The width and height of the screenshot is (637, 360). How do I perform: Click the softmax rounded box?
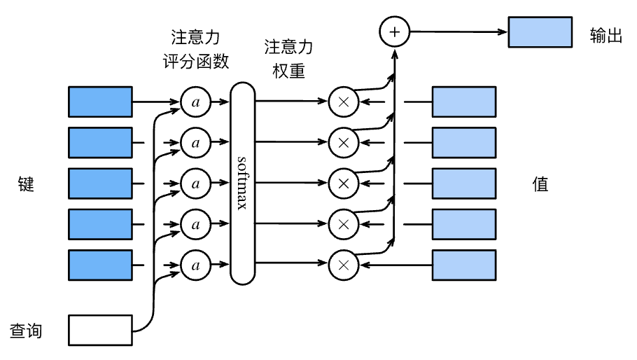tap(242, 184)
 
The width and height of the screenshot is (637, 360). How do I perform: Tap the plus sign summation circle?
tap(395, 32)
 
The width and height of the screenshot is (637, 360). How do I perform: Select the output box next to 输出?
tap(540, 32)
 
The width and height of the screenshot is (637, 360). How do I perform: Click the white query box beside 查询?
tap(100, 331)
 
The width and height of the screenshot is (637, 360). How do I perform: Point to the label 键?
tap(26, 184)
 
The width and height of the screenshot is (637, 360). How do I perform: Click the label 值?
tap(540, 184)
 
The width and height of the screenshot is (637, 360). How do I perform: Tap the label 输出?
tap(606, 35)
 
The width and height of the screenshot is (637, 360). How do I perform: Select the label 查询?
tap(26, 331)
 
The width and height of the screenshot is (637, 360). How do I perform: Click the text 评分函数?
tap(196, 62)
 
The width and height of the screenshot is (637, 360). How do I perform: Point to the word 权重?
tap(288, 71)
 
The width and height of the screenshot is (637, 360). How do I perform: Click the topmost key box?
tap(100, 102)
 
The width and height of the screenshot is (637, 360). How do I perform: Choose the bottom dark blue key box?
tap(100, 265)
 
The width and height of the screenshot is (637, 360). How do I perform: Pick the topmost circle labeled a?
tap(195, 102)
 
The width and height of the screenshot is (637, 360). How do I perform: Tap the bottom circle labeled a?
tap(195, 265)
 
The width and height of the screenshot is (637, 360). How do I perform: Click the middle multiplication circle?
tap(343, 184)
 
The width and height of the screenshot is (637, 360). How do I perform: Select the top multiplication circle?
tap(343, 102)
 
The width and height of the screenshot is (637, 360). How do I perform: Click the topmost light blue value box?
tap(464, 102)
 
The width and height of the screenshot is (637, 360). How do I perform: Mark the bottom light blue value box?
tap(464, 265)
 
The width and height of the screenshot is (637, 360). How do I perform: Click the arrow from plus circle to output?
tap(458, 32)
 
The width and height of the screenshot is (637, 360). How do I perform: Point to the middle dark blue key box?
tap(100, 184)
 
